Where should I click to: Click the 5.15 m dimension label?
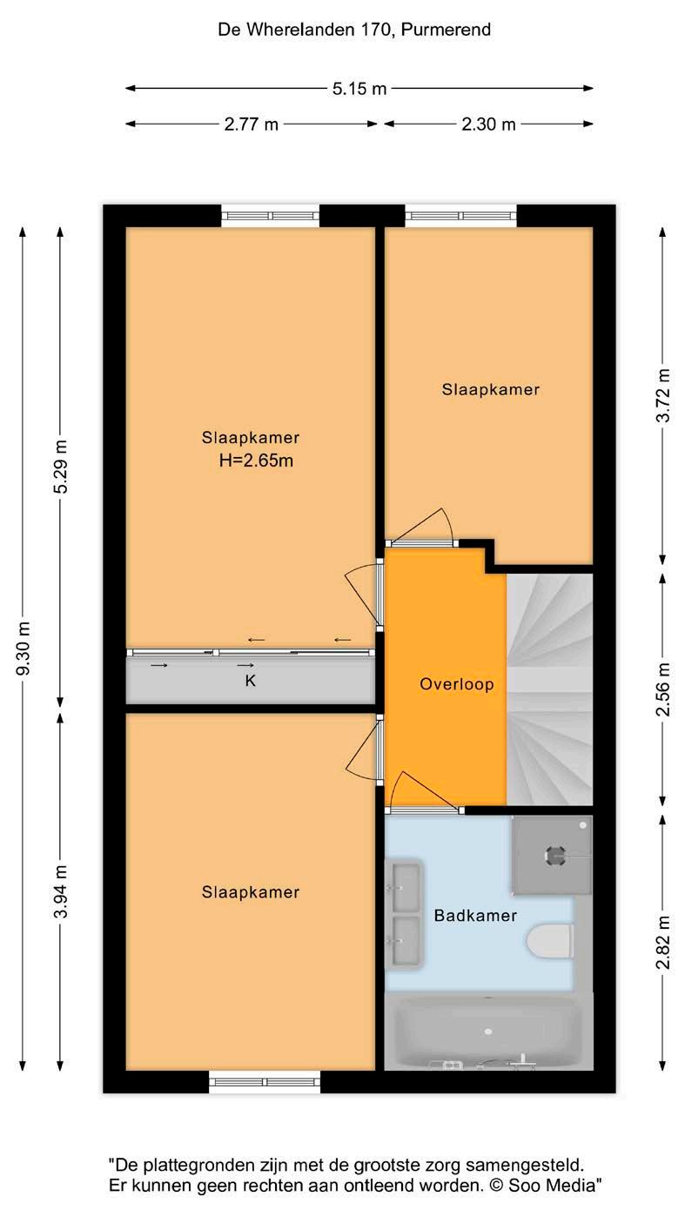click(x=359, y=88)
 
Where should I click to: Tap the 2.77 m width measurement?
click(x=251, y=124)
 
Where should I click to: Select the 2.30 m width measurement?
click(x=488, y=124)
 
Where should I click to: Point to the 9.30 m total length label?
click(x=24, y=649)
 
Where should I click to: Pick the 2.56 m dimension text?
click(x=663, y=689)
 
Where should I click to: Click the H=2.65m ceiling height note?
click(x=257, y=461)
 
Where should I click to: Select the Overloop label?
click(x=457, y=684)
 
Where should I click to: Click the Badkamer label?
click(x=475, y=916)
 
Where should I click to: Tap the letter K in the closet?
click(x=250, y=681)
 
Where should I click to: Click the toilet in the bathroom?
click(x=550, y=942)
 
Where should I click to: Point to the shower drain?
click(x=555, y=855)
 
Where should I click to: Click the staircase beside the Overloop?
click(x=550, y=689)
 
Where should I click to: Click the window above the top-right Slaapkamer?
click(x=460, y=216)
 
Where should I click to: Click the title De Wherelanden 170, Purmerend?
click(x=354, y=30)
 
